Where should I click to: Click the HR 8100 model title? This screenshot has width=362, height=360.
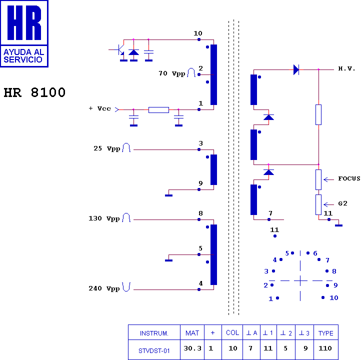34,93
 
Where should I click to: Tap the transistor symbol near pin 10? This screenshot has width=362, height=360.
119,50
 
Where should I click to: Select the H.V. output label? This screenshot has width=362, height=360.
346,68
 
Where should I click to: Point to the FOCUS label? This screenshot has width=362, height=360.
349,178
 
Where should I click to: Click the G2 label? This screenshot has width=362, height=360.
342,203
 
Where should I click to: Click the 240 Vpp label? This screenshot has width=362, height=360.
104,288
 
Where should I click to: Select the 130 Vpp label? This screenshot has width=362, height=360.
104,218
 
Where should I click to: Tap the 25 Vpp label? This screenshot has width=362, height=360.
106,149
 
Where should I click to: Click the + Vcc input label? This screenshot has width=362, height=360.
99,108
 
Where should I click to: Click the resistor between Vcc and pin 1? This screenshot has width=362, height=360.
158,109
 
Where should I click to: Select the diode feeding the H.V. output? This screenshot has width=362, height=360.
296,69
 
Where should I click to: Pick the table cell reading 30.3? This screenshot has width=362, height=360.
192,348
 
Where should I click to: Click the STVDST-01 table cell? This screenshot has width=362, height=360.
154,350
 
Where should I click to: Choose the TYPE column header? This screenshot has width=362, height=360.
325,333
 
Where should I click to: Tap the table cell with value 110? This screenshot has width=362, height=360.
325,348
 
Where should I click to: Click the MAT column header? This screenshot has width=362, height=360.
192,333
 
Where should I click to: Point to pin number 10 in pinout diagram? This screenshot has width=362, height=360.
333,297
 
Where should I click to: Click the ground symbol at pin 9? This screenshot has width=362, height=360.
169,194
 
